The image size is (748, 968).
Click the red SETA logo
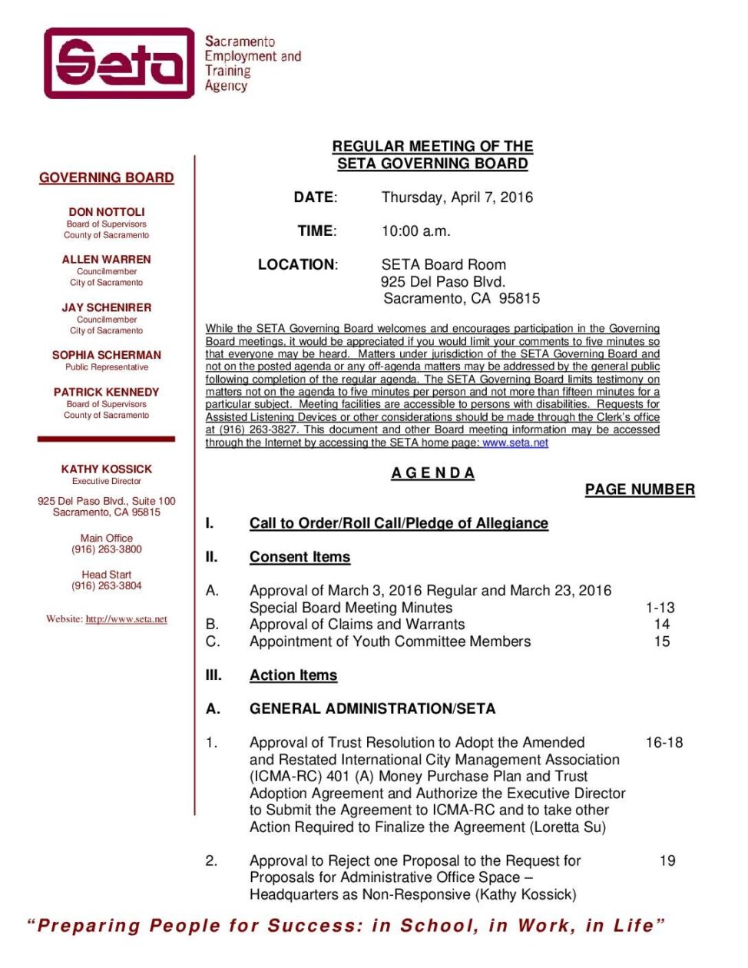click(x=120, y=63)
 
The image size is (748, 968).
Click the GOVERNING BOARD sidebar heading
click(x=107, y=177)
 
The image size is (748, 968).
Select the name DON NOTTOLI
click(x=107, y=211)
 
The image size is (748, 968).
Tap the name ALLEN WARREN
click(x=107, y=260)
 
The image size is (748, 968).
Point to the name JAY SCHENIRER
click(x=107, y=307)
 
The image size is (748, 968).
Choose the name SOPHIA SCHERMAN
click(x=107, y=355)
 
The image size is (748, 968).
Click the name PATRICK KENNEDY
click(x=107, y=392)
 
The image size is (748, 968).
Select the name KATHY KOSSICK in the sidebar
click(x=107, y=469)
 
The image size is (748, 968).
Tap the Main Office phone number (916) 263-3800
click(x=107, y=549)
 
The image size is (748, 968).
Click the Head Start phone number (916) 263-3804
click(x=107, y=585)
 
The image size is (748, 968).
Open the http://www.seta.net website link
click(x=126, y=619)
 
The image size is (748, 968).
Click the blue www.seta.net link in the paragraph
click(x=515, y=443)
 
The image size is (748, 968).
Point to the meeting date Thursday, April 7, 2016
click(x=457, y=197)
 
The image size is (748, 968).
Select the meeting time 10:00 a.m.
click(x=416, y=231)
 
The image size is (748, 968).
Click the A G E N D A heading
click(x=433, y=473)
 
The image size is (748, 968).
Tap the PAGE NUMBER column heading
click(x=640, y=489)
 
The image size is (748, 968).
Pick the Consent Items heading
click(x=300, y=557)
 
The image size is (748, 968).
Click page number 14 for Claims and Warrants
click(x=662, y=625)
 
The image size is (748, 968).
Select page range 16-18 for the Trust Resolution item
click(x=664, y=743)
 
